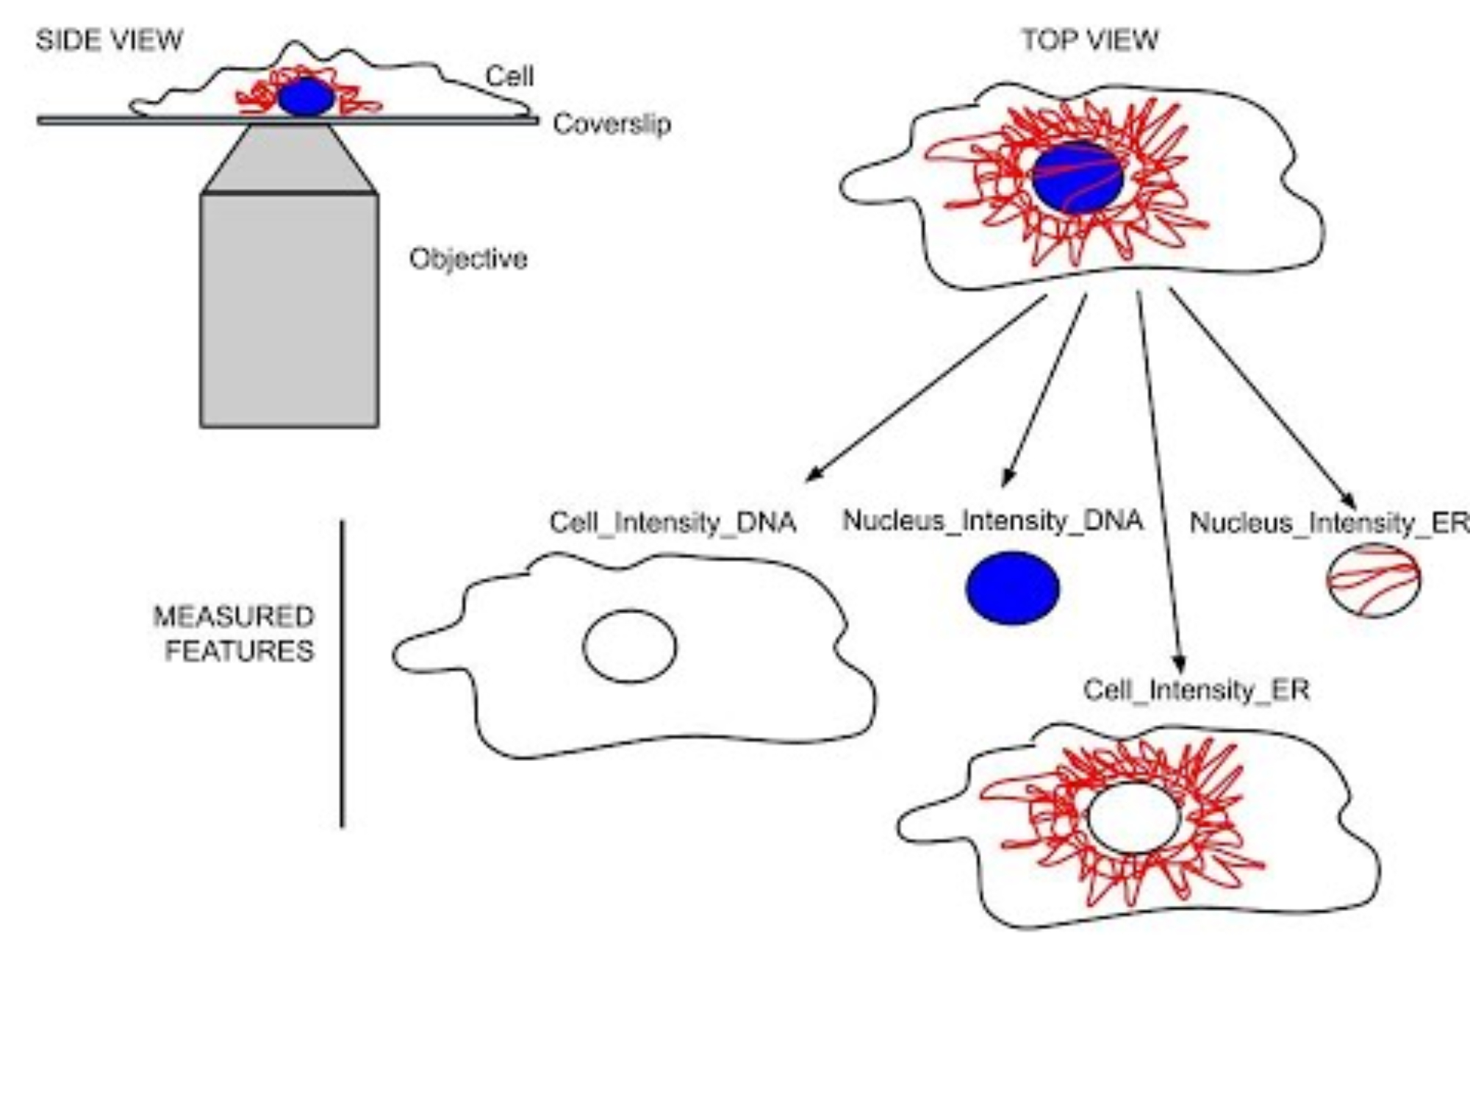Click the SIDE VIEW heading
(109, 40)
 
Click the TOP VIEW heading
(1089, 40)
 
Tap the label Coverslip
(612, 124)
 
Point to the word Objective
(468, 259)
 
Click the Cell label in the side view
(509, 76)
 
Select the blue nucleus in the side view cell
(306, 97)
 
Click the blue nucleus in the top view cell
(1078, 178)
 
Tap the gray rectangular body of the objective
(290, 309)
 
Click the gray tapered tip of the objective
(290, 158)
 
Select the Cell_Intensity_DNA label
(673, 522)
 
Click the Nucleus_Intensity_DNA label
(992, 520)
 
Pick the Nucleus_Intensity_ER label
(1329, 522)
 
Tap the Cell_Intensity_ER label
(1197, 690)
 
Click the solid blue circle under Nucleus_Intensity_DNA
(1012, 588)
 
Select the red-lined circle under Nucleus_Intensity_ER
(1373, 580)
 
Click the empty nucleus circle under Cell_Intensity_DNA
(630, 646)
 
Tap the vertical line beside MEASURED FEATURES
(342, 673)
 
